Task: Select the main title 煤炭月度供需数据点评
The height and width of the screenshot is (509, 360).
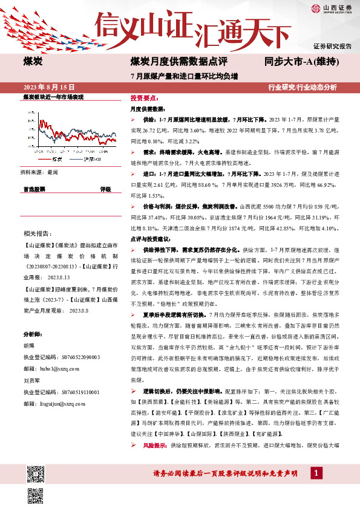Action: pyautogui.click(x=179, y=62)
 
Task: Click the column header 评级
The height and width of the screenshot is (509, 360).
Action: pyautogui.click(x=105, y=189)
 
